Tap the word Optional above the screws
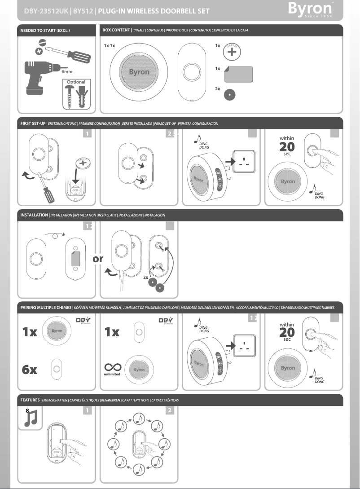[x=76, y=82]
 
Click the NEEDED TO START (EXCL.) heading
[x=45, y=31]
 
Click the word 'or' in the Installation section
[x=99, y=259]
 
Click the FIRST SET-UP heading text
[x=33, y=123]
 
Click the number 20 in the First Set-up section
[x=287, y=147]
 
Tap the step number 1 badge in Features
[x=88, y=410]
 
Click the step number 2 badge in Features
[x=169, y=410]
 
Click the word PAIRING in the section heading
[x=32, y=307]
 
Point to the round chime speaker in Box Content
[x=139, y=72]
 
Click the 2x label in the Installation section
[x=146, y=278]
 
